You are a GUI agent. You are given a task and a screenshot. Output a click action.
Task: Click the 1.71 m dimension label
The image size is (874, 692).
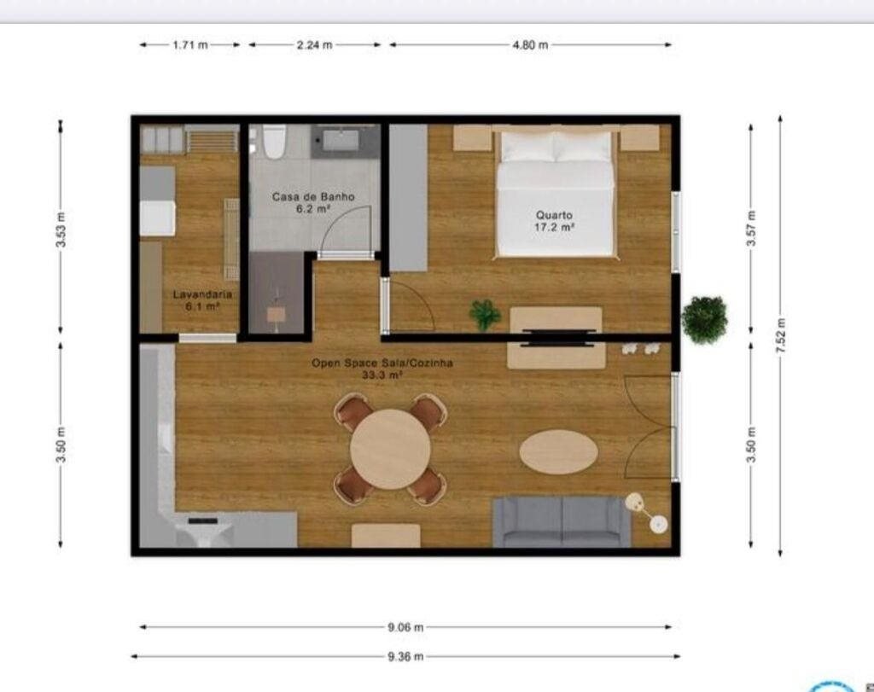click(x=190, y=45)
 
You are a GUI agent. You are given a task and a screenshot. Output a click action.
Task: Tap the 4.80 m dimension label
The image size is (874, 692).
click(x=530, y=45)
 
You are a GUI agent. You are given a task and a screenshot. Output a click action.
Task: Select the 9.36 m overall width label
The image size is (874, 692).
click(x=405, y=656)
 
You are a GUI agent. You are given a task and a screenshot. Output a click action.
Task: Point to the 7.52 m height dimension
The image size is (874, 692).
click(x=780, y=335)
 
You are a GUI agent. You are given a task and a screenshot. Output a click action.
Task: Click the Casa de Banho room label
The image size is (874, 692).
click(x=313, y=197)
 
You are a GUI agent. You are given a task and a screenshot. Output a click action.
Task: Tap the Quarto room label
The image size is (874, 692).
click(x=554, y=214)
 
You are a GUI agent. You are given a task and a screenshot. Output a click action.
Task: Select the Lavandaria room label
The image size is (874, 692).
click(x=202, y=294)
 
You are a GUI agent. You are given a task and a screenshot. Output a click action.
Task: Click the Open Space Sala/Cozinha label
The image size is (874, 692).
click(x=382, y=363)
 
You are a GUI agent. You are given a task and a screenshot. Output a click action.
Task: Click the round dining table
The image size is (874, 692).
click(x=390, y=449)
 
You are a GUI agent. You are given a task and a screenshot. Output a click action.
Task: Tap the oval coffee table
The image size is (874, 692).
click(x=558, y=451)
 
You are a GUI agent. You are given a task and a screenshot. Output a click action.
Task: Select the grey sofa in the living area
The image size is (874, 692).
click(x=562, y=521)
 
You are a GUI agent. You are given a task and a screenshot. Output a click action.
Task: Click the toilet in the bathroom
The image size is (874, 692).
click(x=274, y=142)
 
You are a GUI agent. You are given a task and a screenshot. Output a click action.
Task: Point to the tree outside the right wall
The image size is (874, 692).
click(x=704, y=319)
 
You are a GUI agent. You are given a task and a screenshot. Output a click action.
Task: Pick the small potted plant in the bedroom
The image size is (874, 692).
click(x=485, y=314)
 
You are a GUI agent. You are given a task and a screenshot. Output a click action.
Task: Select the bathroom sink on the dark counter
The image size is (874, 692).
click(x=341, y=140)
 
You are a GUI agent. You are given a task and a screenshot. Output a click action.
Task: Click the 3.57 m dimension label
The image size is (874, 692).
click(x=751, y=229)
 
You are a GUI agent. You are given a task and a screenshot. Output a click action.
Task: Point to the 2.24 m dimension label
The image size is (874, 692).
click(x=314, y=45)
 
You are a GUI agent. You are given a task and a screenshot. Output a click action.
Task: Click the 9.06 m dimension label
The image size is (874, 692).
click(x=405, y=627)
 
